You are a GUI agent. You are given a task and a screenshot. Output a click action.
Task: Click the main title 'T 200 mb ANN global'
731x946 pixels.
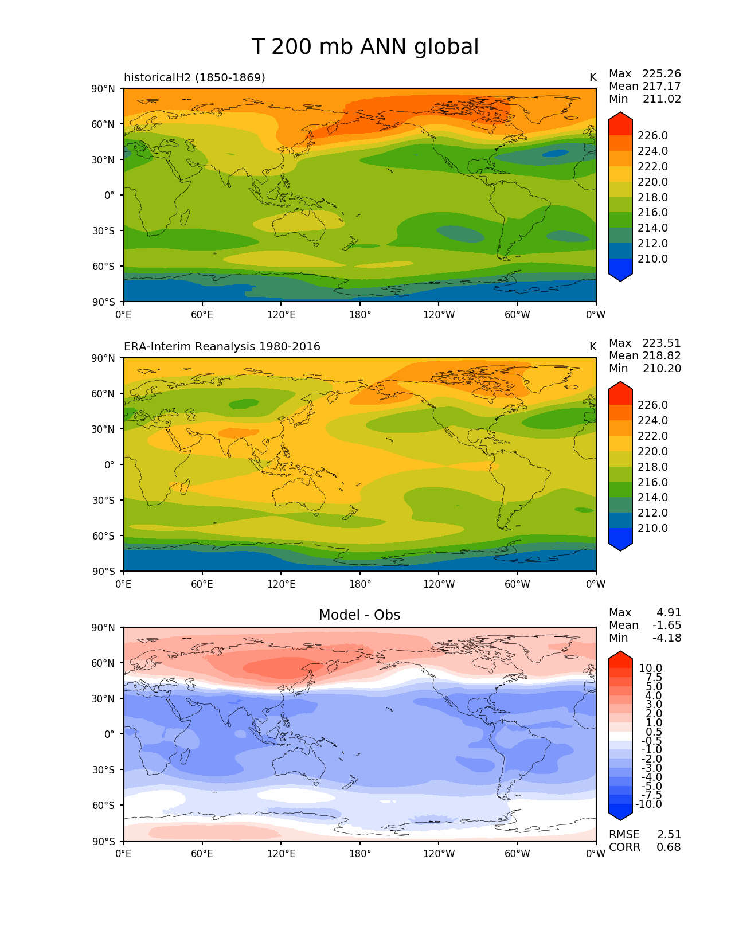click(x=365, y=47)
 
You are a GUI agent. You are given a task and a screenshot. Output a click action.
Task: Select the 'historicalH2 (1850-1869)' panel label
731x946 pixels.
click(x=194, y=77)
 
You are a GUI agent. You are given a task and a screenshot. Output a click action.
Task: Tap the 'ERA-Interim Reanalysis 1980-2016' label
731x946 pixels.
click(x=222, y=347)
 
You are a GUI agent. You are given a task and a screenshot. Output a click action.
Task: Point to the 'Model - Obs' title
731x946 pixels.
click(x=359, y=615)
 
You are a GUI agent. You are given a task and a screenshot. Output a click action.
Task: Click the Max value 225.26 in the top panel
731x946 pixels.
click(x=662, y=74)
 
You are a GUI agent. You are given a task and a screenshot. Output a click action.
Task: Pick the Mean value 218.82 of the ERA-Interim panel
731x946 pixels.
click(x=662, y=356)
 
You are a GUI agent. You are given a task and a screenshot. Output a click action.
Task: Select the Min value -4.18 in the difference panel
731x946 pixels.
click(x=667, y=638)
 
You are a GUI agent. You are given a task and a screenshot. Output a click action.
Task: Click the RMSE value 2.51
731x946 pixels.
click(x=669, y=835)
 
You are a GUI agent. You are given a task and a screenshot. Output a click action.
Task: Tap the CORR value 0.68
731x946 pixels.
click(x=669, y=847)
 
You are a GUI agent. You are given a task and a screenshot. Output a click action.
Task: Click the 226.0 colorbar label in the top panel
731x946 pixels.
click(x=652, y=136)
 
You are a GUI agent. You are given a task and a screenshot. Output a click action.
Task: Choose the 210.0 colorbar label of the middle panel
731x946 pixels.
click(x=652, y=529)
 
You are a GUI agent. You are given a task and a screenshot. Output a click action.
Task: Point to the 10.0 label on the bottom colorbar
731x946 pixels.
click(x=650, y=669)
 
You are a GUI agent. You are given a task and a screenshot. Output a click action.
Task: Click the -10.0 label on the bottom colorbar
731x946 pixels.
click(x=648, y=804)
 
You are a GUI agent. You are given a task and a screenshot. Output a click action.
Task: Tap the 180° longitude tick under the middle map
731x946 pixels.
click(x=360, y=584)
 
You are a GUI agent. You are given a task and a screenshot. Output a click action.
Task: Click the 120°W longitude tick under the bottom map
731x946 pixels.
click(x=439, y=854)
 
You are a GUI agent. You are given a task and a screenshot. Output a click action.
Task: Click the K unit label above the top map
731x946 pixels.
click(x=593, y=77)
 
